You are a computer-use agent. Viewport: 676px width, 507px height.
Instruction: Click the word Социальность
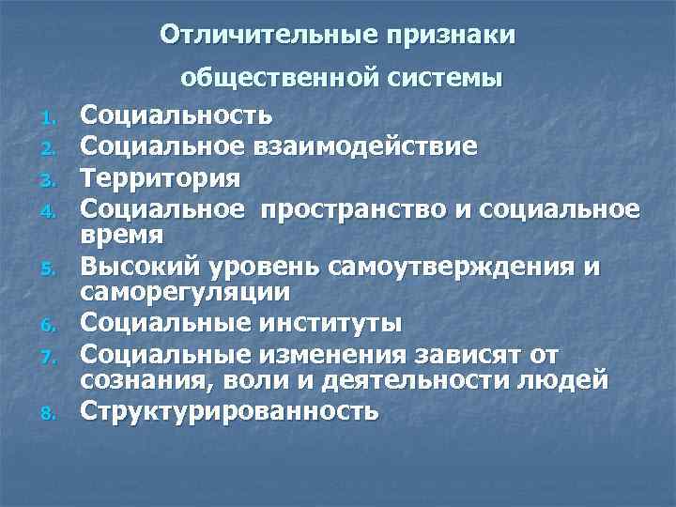click(x=177, y=116)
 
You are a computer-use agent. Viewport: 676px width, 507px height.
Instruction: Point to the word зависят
click(x=474, y=354)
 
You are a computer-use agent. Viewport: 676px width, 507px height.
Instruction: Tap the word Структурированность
click(x=229, y=411)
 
